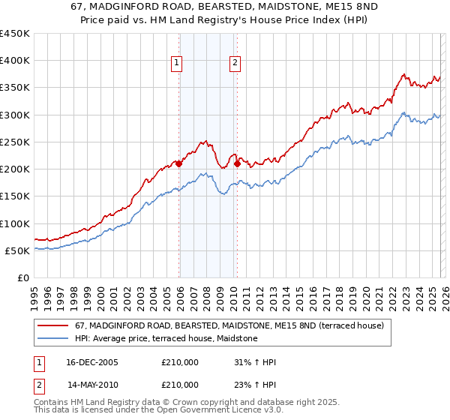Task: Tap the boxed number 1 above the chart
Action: pyautogui.click(x=177, y=64)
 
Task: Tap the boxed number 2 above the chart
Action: pyautogui.click(x=235, y=64)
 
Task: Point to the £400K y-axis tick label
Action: pyautogui.click(x=15, y=61)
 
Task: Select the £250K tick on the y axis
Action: pyautogui.click(x=15, y=142)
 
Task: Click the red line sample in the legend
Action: pyautogui.click(x=54, y=325)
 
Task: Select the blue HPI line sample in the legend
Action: pyautogui.click(x=54, y=339)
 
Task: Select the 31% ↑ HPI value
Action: pyautogui.click(x=255, y=362)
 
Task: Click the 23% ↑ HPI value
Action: pyautogui.click(x=255, y=385)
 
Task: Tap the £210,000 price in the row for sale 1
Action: pyautogui.click(x=180, y=362)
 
